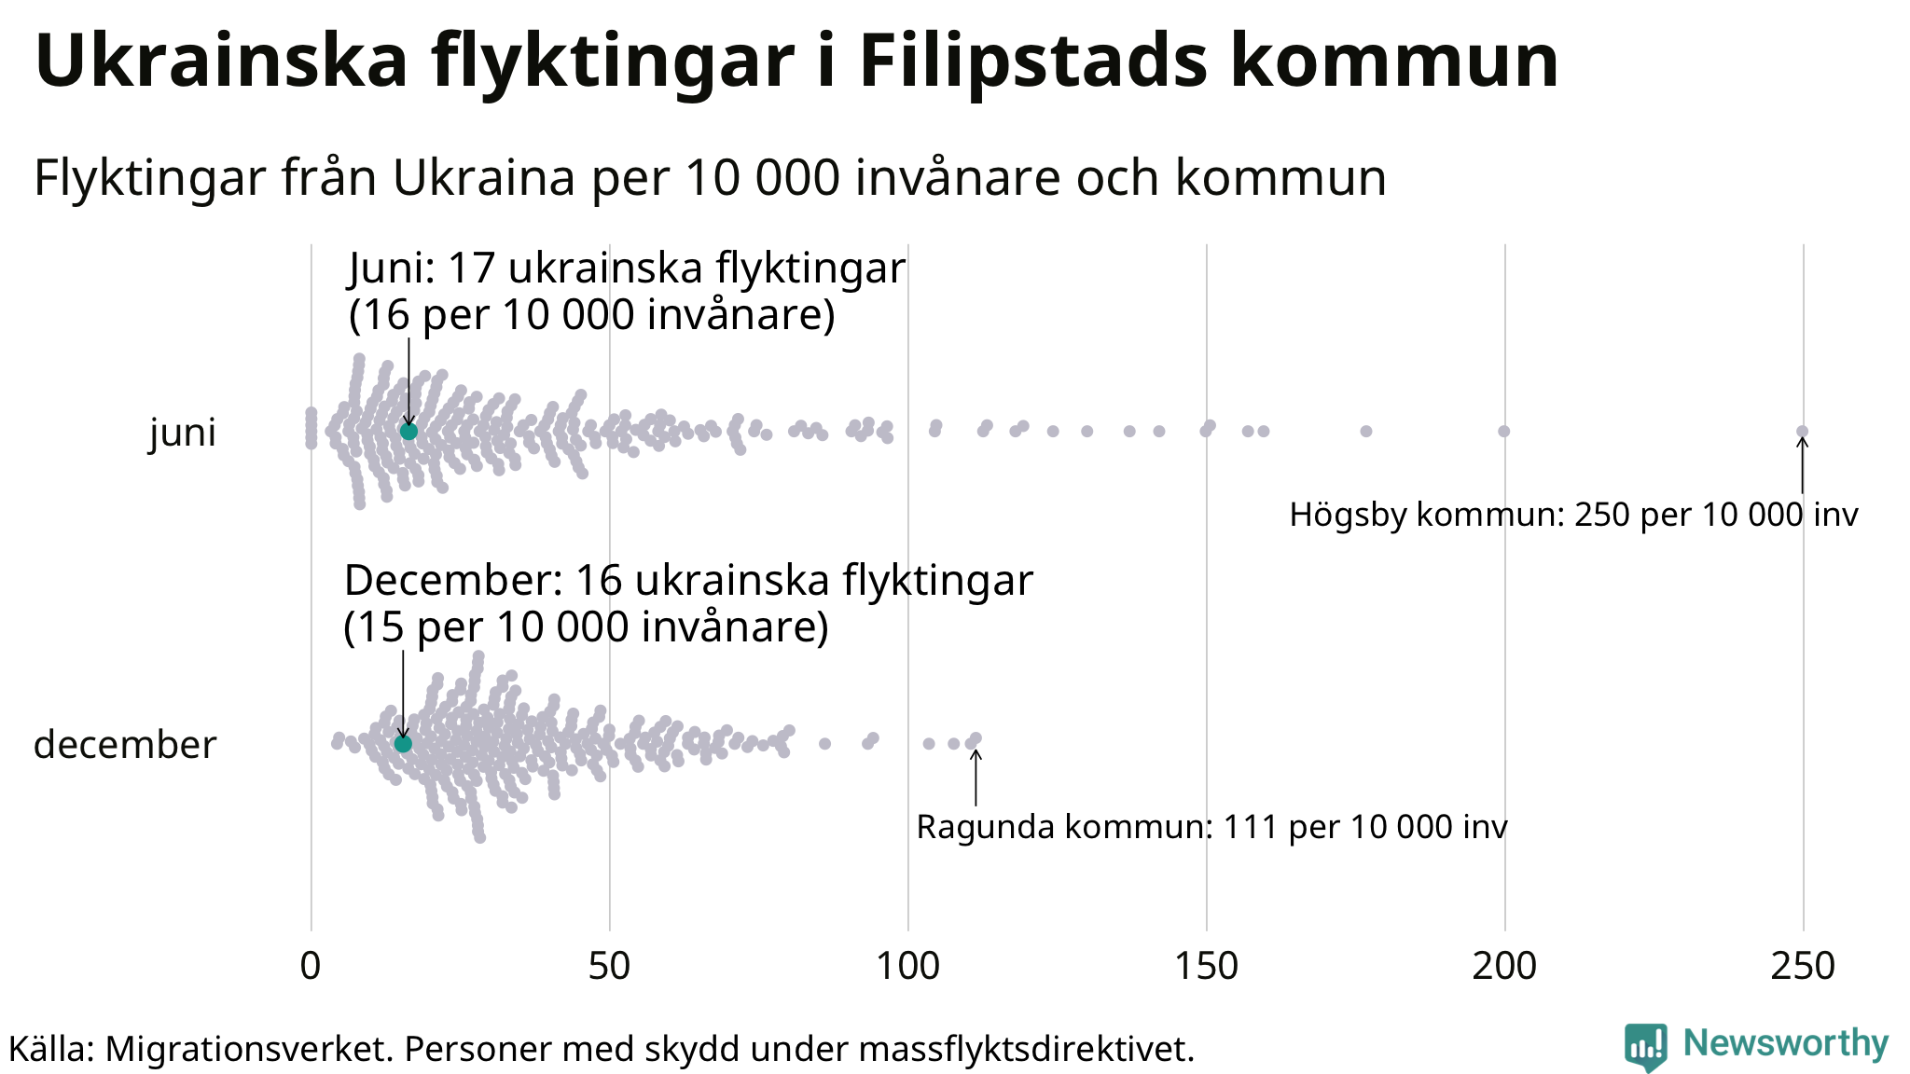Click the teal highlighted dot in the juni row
[408, 431]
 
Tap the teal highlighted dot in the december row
[403, 743]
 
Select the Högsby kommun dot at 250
[1802, 431]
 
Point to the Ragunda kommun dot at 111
[976, 738]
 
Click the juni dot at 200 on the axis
[1503, 431]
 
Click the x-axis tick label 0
[311, 966]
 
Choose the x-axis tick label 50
[609, 966]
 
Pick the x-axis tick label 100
[907, 966]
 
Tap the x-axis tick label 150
[1206, 966]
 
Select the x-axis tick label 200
[1504, 966]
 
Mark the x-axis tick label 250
[1803, 966]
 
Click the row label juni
[183, 433]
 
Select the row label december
[125, 745]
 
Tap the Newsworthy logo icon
[1645, 1046]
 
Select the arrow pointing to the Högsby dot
[1802, 465]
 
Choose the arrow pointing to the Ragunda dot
[976, 778]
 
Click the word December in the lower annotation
[453, 580]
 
